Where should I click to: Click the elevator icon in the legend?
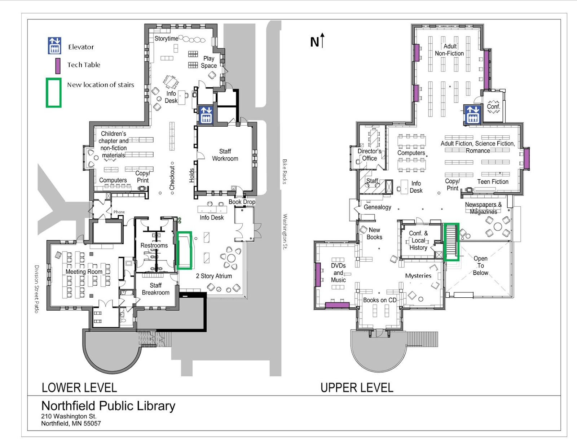pos(54,46)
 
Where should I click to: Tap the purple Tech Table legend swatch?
pos(58,66)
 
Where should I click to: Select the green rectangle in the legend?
pos(53,93)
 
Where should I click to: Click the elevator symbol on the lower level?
pos(206,115)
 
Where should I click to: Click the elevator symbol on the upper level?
pos(472,114)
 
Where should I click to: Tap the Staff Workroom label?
pos(225,155)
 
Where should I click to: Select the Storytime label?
pos(166,39)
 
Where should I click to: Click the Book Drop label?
pos(242,202)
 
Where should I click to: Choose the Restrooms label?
pos(154,245)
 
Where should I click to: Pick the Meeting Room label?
pos(84,271)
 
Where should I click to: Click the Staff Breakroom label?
pos(155,289)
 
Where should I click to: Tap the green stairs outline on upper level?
pos(451,241)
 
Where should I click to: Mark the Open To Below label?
pos(480,266)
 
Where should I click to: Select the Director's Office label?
pos(369,154)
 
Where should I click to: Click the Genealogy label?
pos(377,207)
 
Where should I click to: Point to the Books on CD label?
pos(379,300)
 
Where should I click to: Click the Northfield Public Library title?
pos(108,406)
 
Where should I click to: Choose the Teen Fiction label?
pos(493,182)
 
